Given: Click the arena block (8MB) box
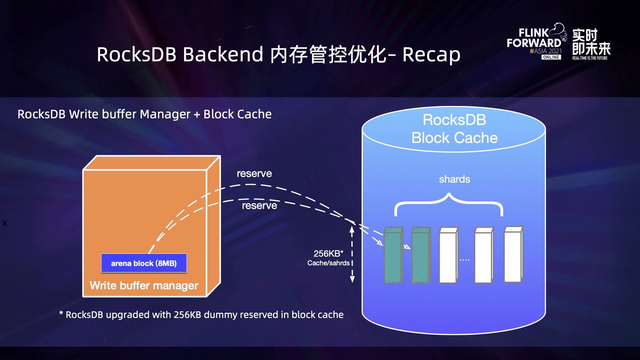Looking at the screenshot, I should click(144, 263).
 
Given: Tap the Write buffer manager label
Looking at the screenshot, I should click(144, 286).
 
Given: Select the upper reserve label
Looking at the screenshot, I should click(254, 174).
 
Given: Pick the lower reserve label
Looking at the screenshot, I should click(259, 206).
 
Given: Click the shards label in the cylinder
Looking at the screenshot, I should click(454, 179).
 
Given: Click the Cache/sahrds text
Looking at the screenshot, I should click(328, 263).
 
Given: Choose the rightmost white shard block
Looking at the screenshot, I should click(513, 255).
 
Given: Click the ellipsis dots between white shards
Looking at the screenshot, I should click(464, 260).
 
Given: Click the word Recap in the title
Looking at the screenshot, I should click(431, 55).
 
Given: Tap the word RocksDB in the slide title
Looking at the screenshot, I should click(136, 55).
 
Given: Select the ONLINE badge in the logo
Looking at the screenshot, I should click(551, 57).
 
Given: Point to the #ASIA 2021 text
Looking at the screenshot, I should click(546, 51).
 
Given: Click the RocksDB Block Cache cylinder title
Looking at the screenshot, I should click(454, 129).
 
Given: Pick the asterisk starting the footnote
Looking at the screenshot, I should click(61, 313).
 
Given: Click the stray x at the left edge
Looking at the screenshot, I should click(4, 223).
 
